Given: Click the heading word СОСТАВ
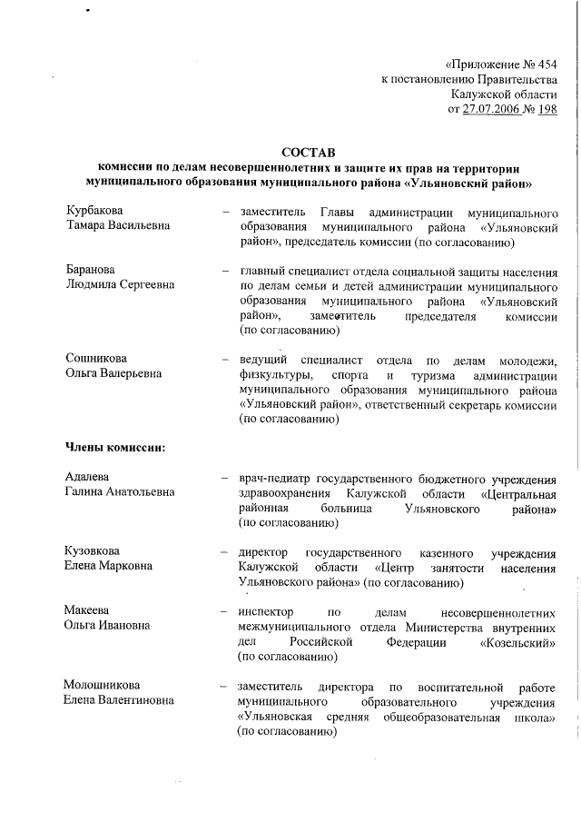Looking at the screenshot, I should [309, 152].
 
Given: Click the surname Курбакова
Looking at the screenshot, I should [95, 211].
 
